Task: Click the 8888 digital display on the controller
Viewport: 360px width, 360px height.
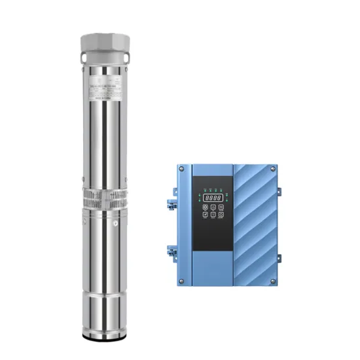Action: click(x=212, y=196)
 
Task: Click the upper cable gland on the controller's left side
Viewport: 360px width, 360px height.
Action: click(x=171, y=194)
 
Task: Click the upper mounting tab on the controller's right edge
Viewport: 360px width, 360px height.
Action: click(x=278, y=191)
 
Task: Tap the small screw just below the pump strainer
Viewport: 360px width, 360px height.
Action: click(x=115, y=224)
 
